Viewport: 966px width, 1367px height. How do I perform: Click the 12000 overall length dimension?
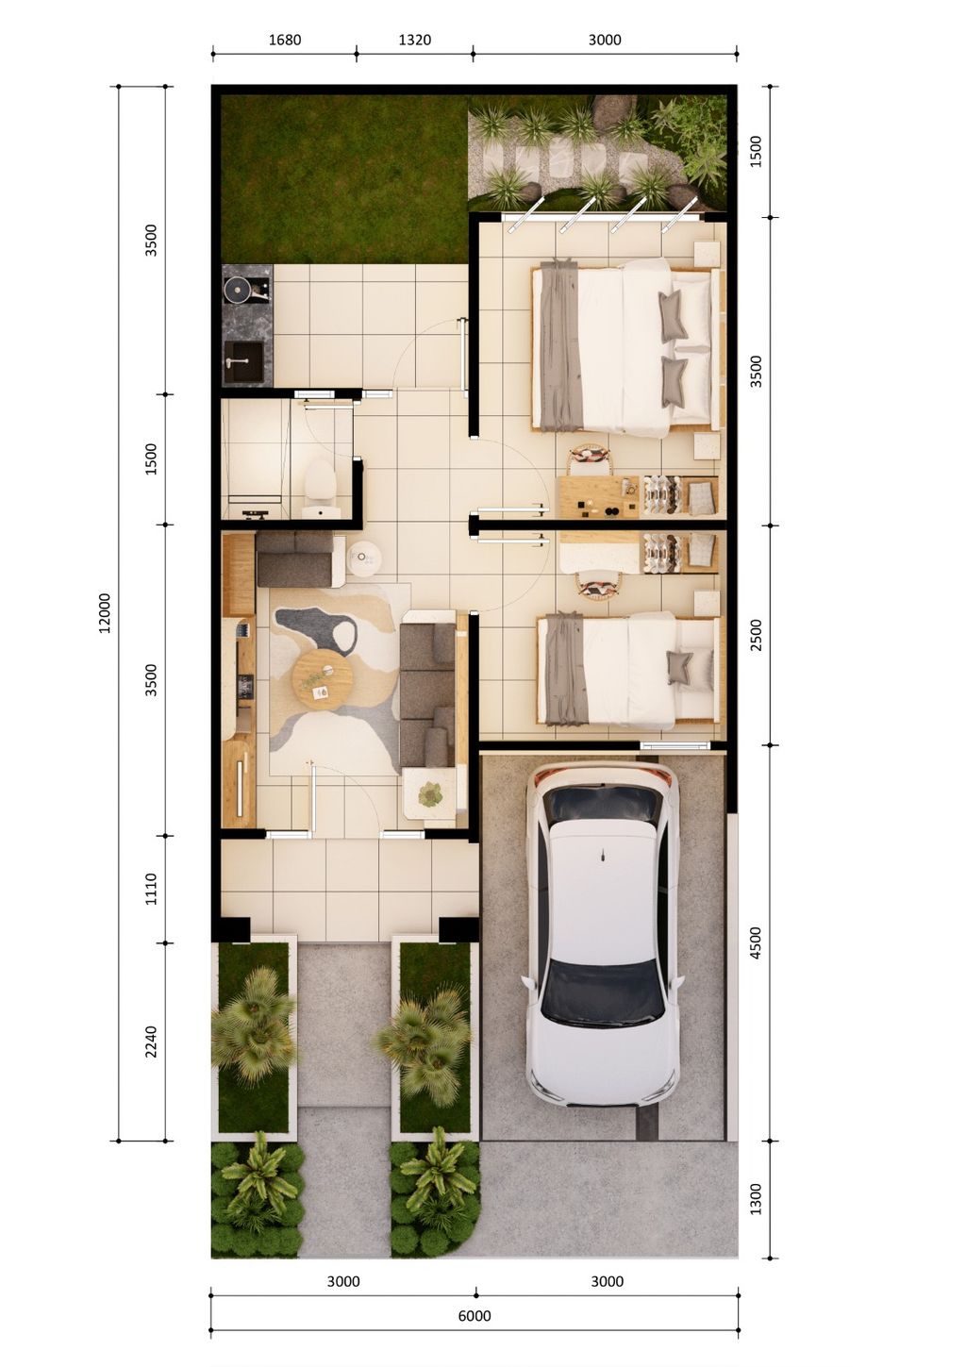point(105,612)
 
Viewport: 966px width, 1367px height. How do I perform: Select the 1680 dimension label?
point(284,40)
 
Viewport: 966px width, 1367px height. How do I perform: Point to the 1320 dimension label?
point(414,40)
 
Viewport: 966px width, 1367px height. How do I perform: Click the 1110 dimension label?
point(151,889)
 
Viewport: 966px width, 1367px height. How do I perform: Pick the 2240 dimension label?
point(151,1042)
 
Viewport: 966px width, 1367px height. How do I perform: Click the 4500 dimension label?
point(756,942)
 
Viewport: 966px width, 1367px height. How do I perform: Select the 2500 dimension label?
point(756,635)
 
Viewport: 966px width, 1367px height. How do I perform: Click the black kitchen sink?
point(243,361)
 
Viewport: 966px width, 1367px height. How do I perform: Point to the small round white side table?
point(364,559)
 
